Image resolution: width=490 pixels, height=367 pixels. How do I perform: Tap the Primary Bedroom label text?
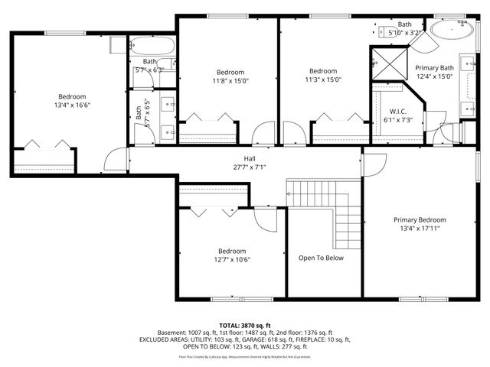point(420,219)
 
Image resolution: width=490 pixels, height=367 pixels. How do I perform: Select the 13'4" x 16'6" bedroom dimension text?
point(71,106)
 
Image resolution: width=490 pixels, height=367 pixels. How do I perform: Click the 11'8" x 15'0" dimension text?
point(230,80)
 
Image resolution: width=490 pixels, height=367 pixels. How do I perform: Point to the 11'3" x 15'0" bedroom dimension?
point(322,80)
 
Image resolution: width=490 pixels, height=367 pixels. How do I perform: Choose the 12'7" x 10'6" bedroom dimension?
point(231,259)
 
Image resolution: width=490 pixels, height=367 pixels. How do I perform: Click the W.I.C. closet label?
point(397,111)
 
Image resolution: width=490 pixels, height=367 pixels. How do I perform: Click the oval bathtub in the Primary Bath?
point(449,30)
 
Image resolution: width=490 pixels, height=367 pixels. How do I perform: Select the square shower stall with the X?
point(389,63)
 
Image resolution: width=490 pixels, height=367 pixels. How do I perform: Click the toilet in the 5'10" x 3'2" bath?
point(383,31)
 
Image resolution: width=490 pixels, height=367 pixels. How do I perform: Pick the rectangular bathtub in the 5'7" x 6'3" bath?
point(152,45)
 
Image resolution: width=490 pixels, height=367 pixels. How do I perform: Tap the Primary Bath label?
point(435,67)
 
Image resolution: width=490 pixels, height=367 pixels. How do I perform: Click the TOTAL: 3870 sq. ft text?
point(244,326)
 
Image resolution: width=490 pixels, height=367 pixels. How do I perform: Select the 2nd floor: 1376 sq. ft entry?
point(305,333)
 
